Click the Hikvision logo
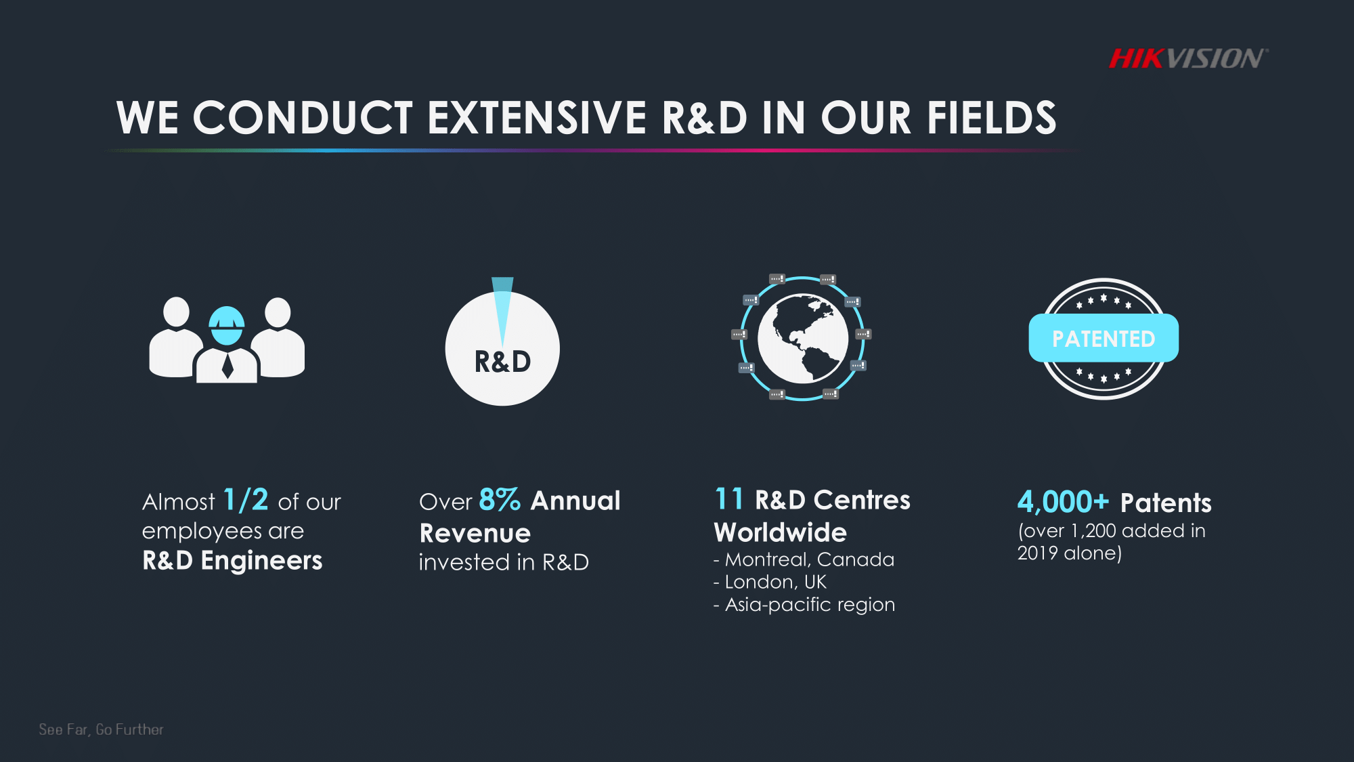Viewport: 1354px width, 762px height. [x=1188, y=59]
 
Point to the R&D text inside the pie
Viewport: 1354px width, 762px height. [x=502, y=362]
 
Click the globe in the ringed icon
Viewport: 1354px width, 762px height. [x=803, y=338]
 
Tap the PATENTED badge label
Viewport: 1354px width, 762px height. [x=1104, y=338]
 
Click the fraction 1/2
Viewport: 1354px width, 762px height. [x=246, y=501]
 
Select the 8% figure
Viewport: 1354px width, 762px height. [x=500, y=501]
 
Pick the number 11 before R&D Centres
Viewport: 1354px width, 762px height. [x=729, y=499]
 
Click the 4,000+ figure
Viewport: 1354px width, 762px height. [x=1063, y=502]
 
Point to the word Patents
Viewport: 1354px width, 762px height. [x=1166, y=503]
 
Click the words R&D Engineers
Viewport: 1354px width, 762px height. [x=232, y=561]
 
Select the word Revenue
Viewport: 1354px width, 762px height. [x=475, y=533]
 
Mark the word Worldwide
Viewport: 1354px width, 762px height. [x=781, y=532]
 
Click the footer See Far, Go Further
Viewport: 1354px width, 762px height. [x=102, y=729]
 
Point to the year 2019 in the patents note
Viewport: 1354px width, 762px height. [x=1037, y=553]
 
